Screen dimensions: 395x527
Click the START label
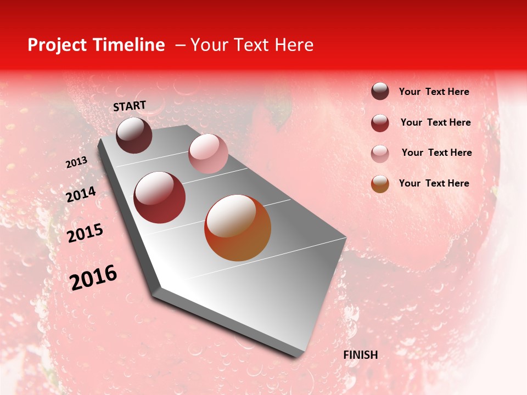click(x=130, y=106)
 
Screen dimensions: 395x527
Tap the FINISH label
click(x=361, y=355)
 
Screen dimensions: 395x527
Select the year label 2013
click(x=76, y=162)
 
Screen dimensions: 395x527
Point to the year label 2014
click(x=81, y=195)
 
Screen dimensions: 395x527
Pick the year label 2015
click(x=85, y=233)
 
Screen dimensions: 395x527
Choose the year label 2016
click(x=93, y=278)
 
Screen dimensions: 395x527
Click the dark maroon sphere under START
click(x=134, y=135)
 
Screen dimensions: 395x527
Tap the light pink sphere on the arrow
click(x=208, y=154)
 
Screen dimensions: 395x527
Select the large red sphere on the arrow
click(x=160, y=198)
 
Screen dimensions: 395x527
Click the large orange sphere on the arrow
click(x=238, y=228)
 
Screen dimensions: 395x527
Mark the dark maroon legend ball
click(x=380, y=92)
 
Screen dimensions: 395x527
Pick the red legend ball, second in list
click(x=380, y=123)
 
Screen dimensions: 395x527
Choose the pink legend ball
click(x=380, y=153)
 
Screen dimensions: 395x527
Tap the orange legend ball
click(x=380, y=184)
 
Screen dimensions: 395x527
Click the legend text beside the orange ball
click(x=434, y=183)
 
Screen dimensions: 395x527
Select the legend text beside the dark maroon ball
click(x=434, y=92)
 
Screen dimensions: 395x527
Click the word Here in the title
click(x=294, y=45)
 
